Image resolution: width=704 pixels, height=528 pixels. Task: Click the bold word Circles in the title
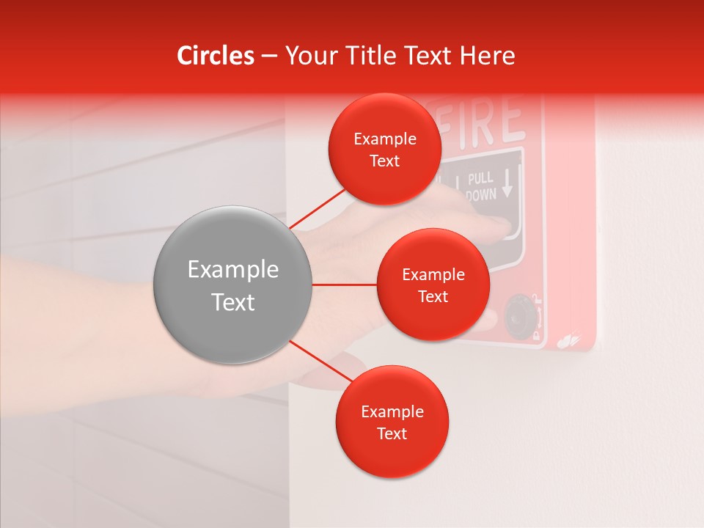215,56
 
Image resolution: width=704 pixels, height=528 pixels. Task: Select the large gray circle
233,285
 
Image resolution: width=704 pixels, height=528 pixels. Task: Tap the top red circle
384,149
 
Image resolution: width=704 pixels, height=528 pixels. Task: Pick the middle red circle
433,285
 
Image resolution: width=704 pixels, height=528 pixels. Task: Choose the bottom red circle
392,422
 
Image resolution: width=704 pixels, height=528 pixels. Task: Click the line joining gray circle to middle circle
344,285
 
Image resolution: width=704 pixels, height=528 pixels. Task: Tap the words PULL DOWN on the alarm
481,187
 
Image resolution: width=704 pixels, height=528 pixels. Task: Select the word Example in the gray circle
233,270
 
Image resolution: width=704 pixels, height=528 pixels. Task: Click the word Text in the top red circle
384,161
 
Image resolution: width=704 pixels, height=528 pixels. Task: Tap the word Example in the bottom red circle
392,411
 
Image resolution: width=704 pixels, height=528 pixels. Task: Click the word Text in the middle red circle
433,296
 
